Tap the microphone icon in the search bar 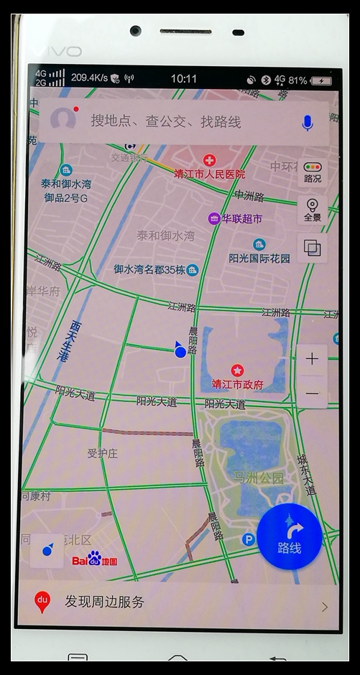click(308, 122)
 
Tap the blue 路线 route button click(290, 536)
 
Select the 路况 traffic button click(313, 172)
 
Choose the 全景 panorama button click(313, 210)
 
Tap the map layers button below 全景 click(313, 248)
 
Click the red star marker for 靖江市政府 click(237, 371)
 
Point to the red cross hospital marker click(209, 160)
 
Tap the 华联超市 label click(241, 218)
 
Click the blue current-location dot click(180, 351)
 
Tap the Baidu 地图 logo click(94, 559)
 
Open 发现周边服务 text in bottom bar click(104, 602)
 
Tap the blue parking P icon click(249, 539)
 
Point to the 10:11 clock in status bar click(184, 78)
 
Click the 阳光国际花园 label click(259, 258)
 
